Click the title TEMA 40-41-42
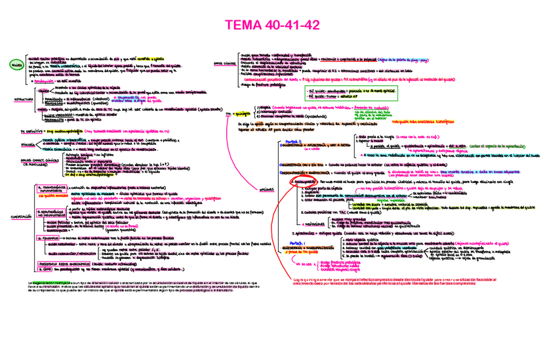point(277,26)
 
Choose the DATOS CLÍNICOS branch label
point(225,62)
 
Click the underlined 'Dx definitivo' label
point(27,131)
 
